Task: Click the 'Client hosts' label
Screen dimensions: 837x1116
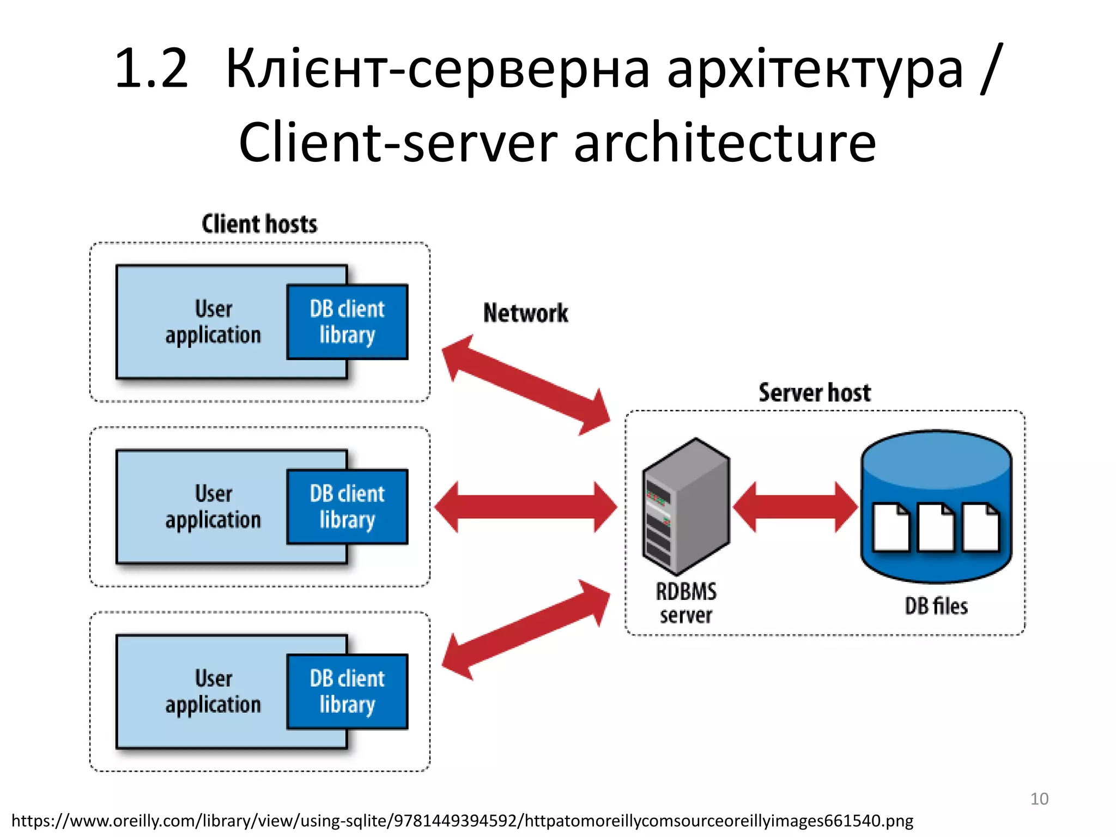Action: [259, 224]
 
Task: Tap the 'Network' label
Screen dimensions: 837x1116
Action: [525, 313]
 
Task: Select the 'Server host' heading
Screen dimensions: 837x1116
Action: [815, 393]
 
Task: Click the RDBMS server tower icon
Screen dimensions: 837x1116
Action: [686, 507]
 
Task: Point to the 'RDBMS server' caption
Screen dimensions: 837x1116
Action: [686, 603]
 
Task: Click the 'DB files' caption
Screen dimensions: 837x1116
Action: [936, 606]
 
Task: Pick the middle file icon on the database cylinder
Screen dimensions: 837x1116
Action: [936, 527]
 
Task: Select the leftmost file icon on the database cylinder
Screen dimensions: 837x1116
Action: [891, 527]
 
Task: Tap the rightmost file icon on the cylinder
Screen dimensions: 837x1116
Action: [980, 527]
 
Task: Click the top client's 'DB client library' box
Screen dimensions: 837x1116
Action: [348, 322]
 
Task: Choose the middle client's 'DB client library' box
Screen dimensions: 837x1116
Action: [348, 507]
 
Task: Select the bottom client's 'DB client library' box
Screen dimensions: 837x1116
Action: [348, 692]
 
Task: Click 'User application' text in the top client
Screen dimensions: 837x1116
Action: [214, 322]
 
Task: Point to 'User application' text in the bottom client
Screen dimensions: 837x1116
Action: [214, 692]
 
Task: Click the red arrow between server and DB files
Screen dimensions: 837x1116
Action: [796, 507]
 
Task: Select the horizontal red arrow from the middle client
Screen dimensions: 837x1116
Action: [526, 507]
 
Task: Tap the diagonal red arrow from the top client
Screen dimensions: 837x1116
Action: [526, 385]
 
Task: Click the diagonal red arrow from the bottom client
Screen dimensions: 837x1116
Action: [526, 629]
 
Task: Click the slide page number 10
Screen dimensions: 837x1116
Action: [1039, 799]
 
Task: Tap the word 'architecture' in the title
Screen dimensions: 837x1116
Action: [725, 143]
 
